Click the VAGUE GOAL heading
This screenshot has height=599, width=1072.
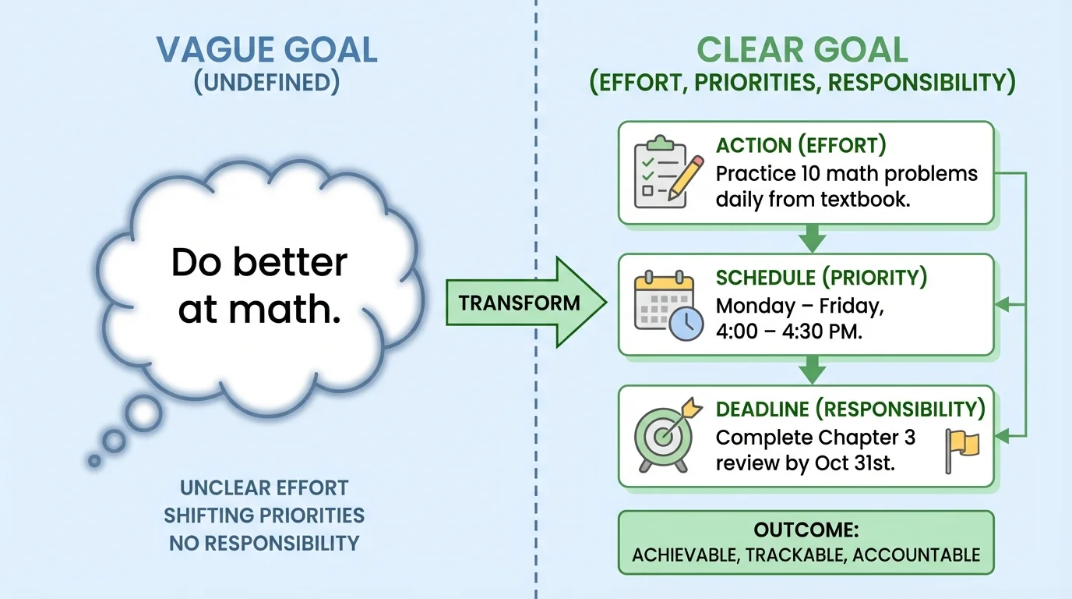pyautogui.click(x=266, y=50)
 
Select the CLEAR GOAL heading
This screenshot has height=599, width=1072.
pyautogui.click(x=802, y=50)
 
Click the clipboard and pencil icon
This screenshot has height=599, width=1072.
pyautogui.click(x=664, y=173)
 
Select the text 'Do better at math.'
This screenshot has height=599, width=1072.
pyautogui.click(x=259, y=286)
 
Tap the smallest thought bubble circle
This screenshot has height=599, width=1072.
pyautogui.click(x=94, y=461)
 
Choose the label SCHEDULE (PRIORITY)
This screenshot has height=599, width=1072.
pyautogui.click(x=821, y=278)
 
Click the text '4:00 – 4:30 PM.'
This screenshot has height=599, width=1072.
pyautogui.click(x=788, y=331)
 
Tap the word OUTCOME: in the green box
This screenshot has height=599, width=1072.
pyautogui.click(x=806, y=531)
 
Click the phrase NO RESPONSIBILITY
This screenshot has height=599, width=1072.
pyautogui.click(x=264, y=543)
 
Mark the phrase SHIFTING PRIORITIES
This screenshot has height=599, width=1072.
pyautogui.click(x=264, y=516)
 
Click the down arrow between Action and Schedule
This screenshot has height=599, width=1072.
pyautogui.click(x=812, y=237)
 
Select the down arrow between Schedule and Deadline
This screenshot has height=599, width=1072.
pyautogui.click(x=812, y=368)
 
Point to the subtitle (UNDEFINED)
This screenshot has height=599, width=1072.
pyautogui.click(x=266, y=83)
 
